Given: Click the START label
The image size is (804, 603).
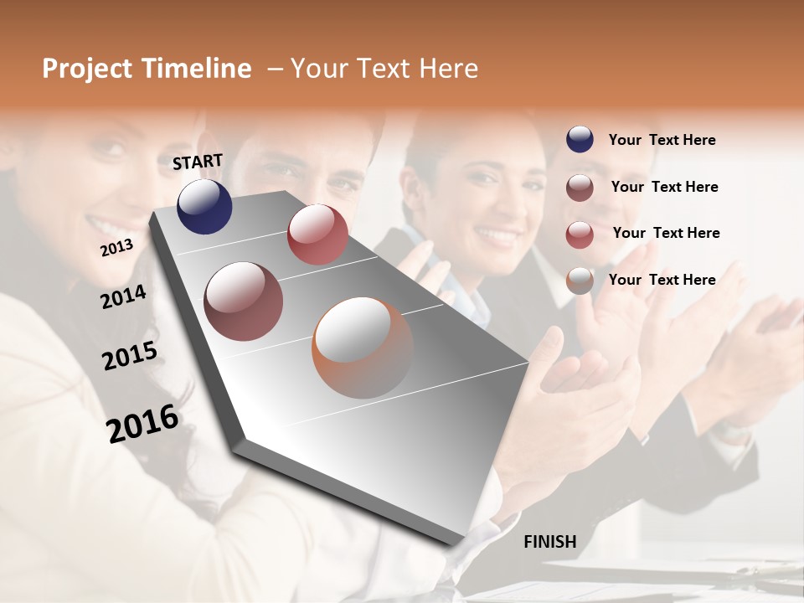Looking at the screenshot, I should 198,162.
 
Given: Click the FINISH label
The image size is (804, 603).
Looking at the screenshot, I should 550,542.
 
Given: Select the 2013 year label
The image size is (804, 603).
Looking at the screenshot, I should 116,248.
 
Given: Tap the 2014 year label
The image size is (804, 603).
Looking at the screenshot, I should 123,297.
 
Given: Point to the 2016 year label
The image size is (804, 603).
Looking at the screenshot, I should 142,424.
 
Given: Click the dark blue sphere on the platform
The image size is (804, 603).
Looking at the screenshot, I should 204,206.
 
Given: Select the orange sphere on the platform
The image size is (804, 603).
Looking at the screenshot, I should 363,347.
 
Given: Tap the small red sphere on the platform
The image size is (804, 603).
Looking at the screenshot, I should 317,234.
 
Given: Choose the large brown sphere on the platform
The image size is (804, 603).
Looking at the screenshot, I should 244,301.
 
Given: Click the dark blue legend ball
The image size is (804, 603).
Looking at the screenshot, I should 580,139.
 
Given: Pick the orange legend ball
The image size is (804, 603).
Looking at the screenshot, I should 580,281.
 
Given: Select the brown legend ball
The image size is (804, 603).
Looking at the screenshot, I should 580,188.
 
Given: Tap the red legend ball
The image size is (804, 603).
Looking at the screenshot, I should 580,234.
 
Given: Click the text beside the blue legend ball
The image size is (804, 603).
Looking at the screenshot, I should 662,140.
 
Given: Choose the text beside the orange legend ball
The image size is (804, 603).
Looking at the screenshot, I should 662,280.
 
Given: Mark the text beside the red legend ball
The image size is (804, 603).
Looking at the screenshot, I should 666,233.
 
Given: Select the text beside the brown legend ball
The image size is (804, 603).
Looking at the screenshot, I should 664,187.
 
